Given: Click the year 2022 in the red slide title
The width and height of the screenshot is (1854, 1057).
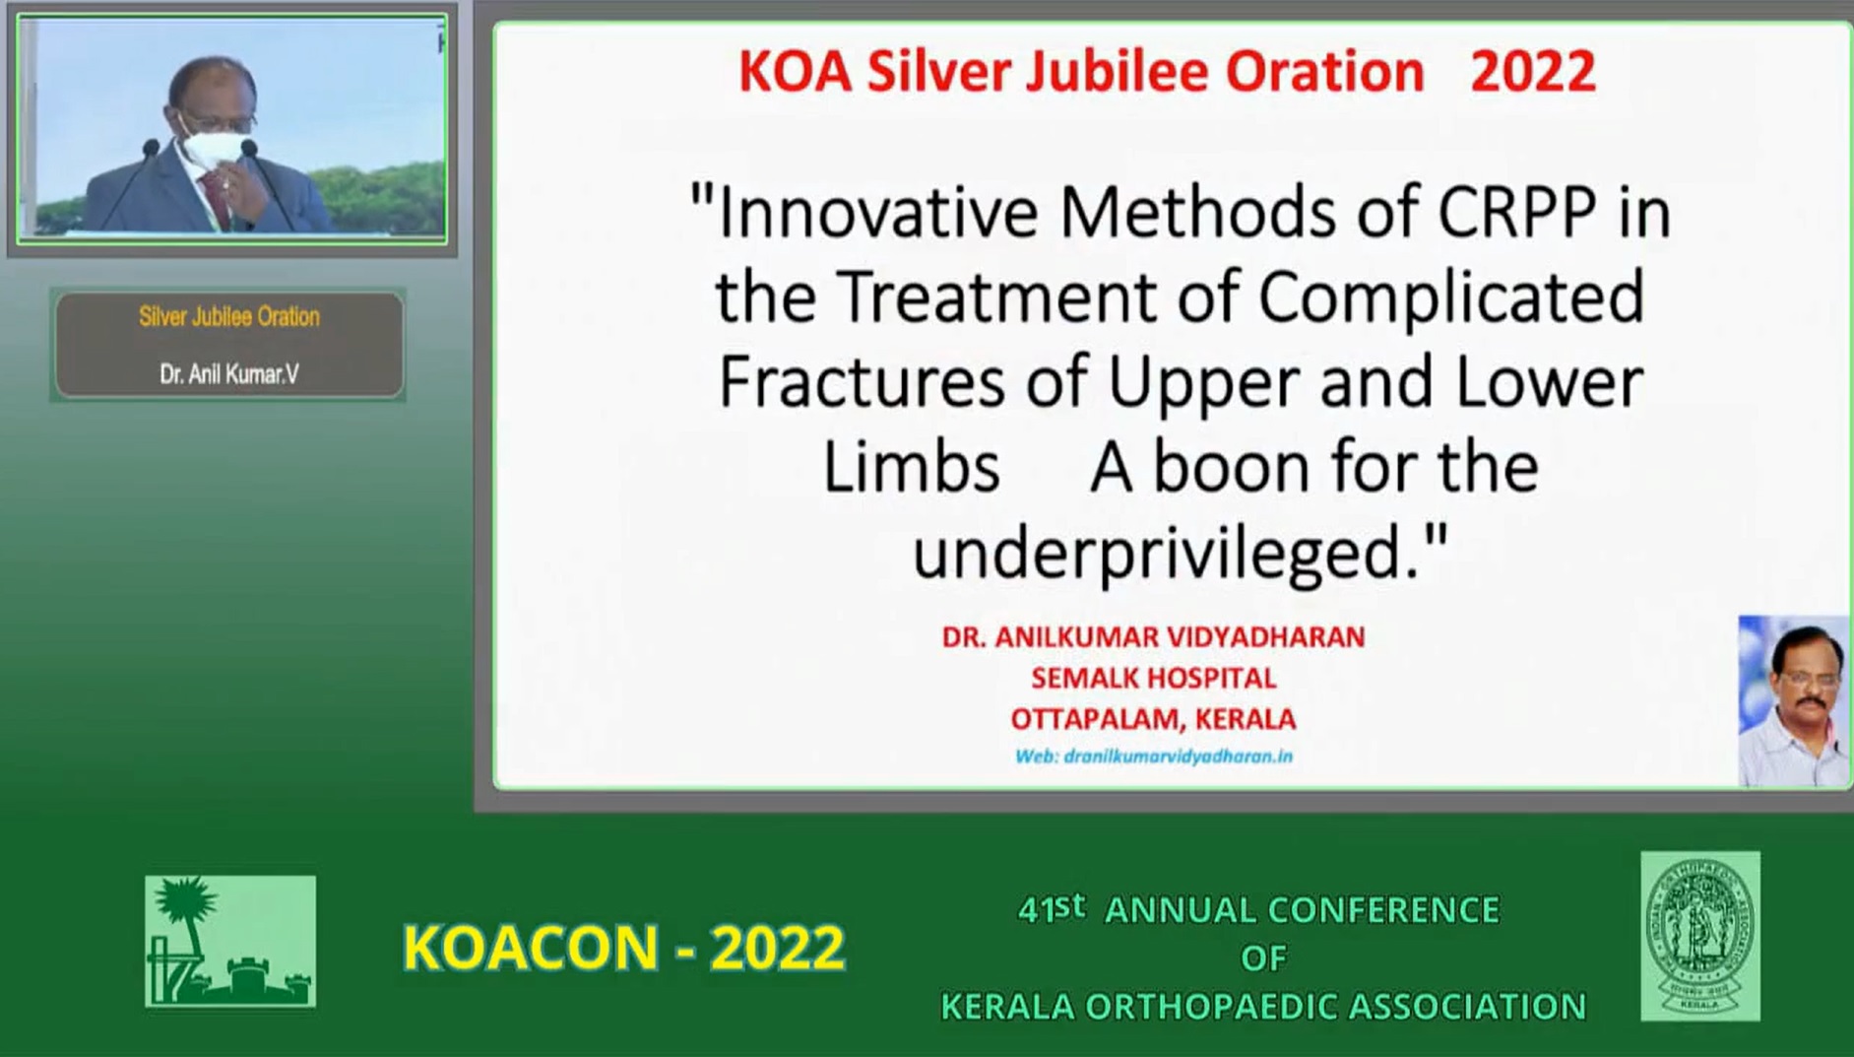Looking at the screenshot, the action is click(1532, 72).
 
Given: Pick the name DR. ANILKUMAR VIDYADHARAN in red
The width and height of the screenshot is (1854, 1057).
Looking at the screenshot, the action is click(1153, 637).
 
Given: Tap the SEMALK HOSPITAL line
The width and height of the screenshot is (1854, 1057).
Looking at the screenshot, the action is click(1153, 678).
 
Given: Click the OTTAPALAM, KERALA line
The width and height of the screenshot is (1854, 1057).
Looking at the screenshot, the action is click(1153, 719).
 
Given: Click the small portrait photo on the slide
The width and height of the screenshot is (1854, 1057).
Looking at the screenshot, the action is click(1794, 701).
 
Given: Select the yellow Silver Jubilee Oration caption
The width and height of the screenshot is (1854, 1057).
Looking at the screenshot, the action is click(228, 317).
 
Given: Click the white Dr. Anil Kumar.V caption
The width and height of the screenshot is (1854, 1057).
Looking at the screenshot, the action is click(228, 374).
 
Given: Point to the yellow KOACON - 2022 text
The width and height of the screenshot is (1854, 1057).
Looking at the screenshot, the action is click(623, 947).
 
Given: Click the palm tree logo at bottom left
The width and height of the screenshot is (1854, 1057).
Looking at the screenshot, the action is click(230, 941).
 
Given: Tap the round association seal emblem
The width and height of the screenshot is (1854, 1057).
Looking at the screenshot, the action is click(1700, 936).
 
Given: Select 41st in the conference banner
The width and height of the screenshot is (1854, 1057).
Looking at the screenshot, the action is click(1052, 908).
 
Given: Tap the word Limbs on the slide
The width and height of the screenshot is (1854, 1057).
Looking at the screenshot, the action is click(911, 467).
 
